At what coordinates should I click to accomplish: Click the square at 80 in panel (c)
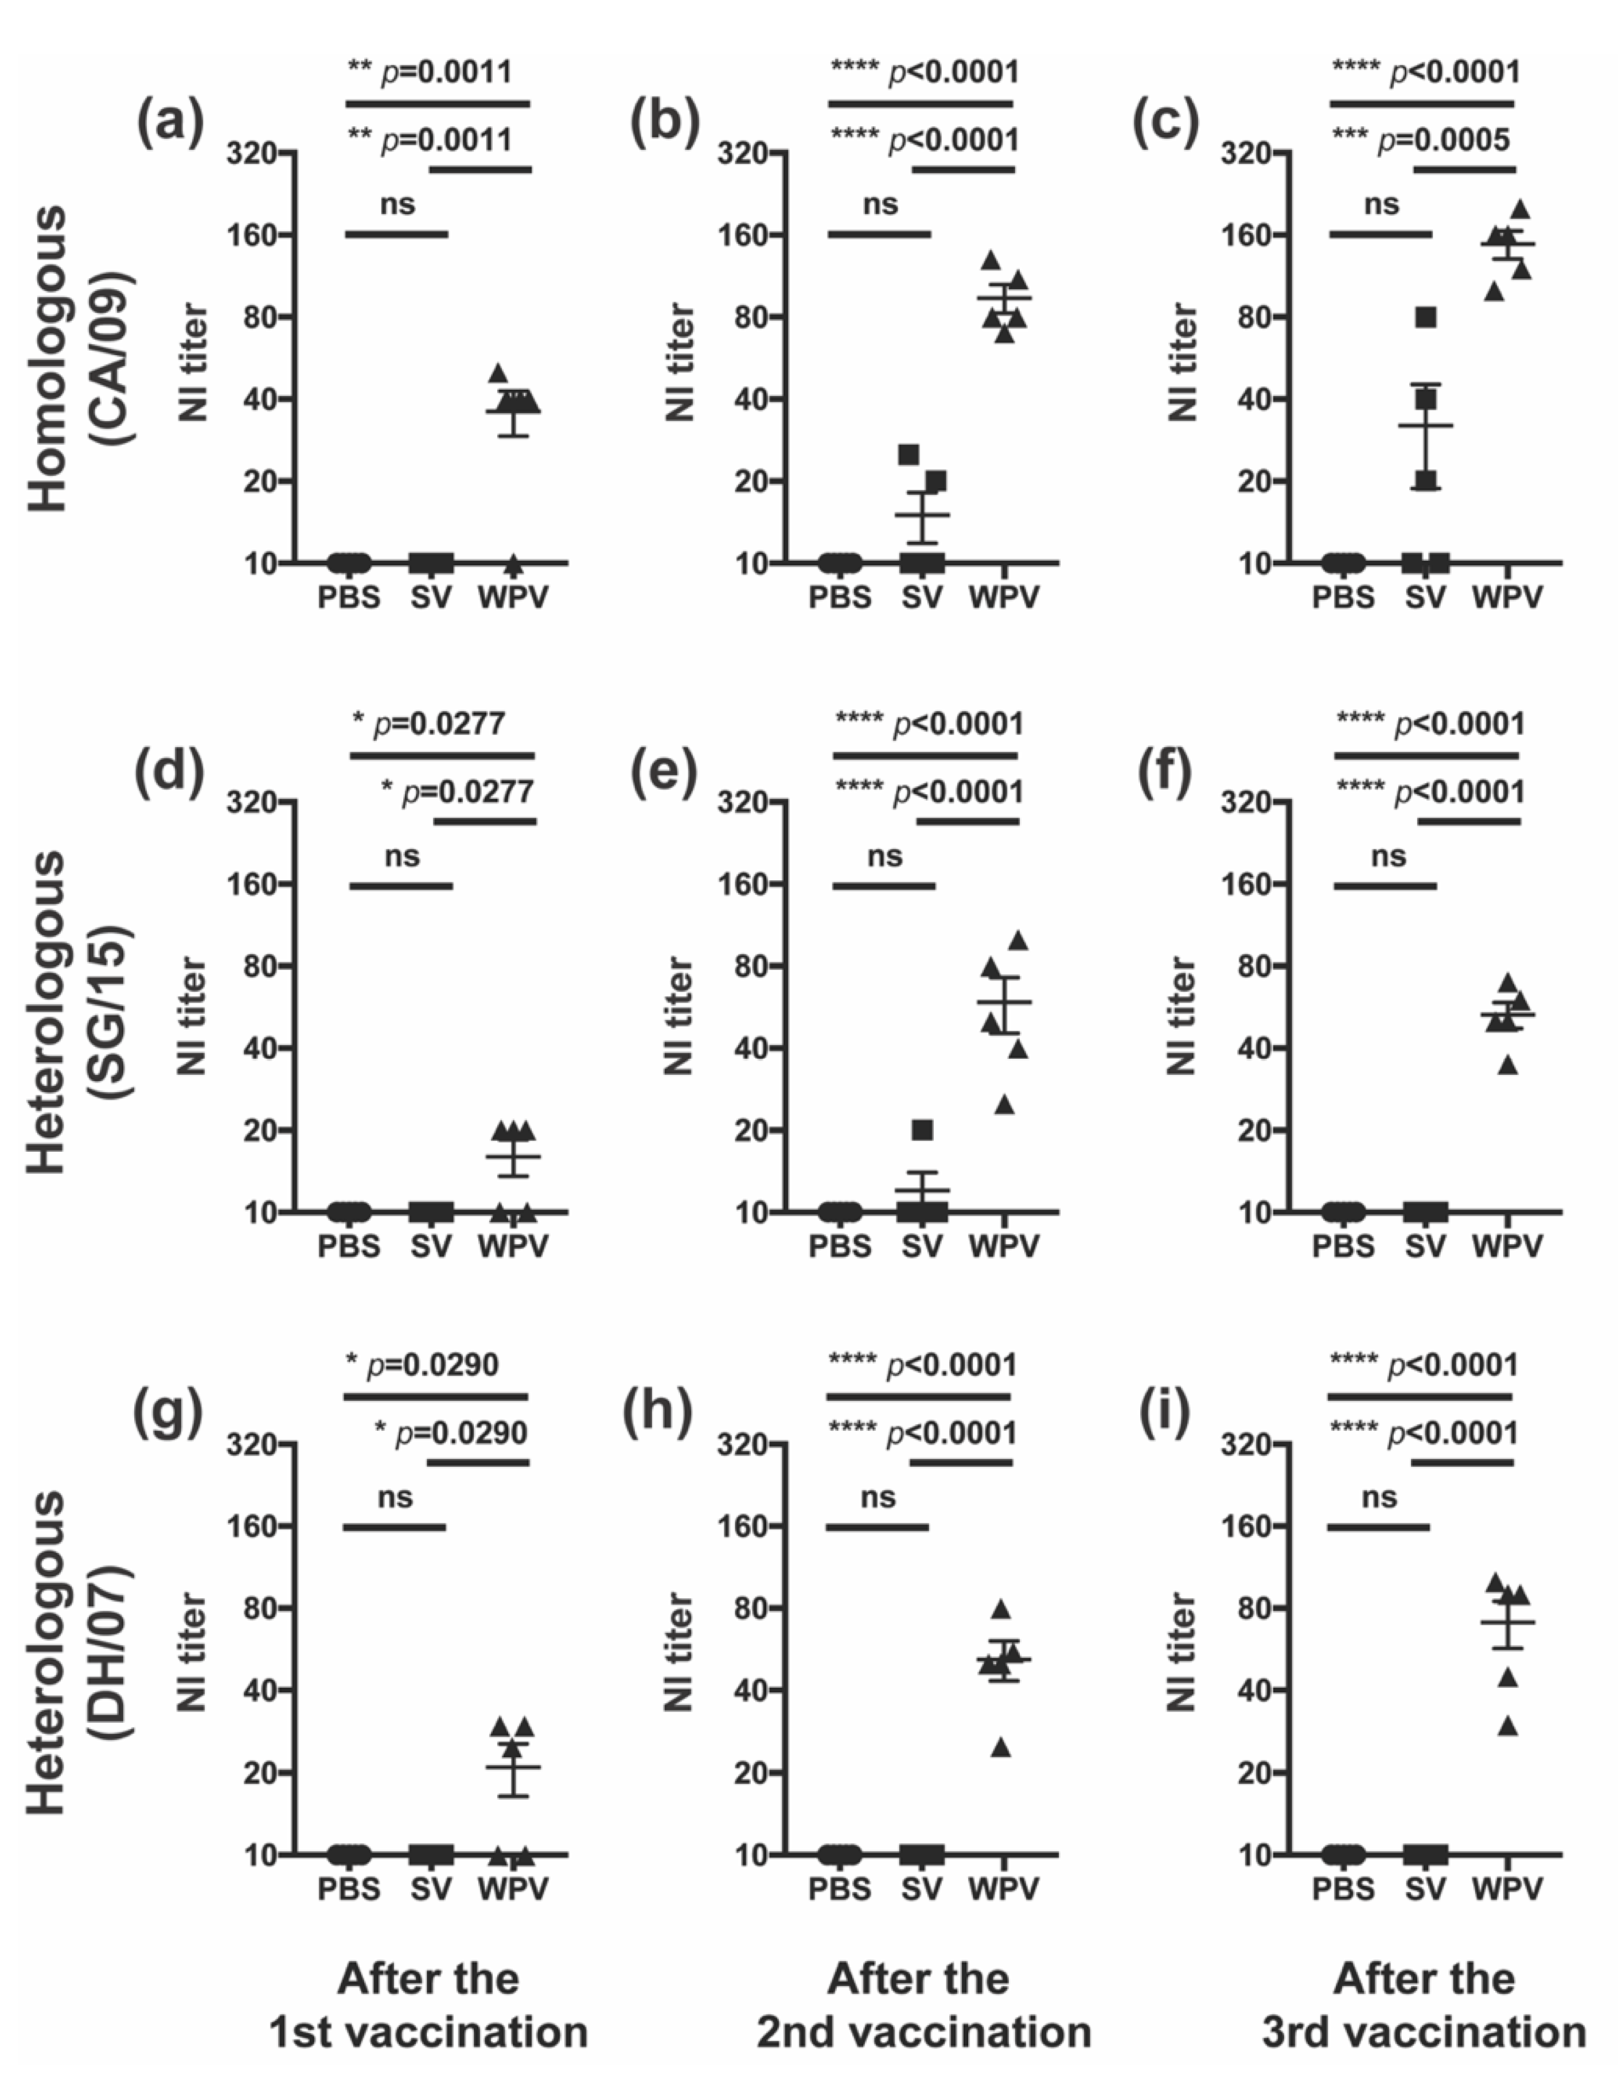click(x=1425, y=317)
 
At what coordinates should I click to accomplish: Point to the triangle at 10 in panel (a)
click(x=514, y=565)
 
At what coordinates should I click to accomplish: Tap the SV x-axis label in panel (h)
click(x=921, y=1889)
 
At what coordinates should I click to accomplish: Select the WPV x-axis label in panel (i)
click(x=1507, y=1889)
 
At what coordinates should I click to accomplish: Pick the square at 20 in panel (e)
click(x=922, y=1129)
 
